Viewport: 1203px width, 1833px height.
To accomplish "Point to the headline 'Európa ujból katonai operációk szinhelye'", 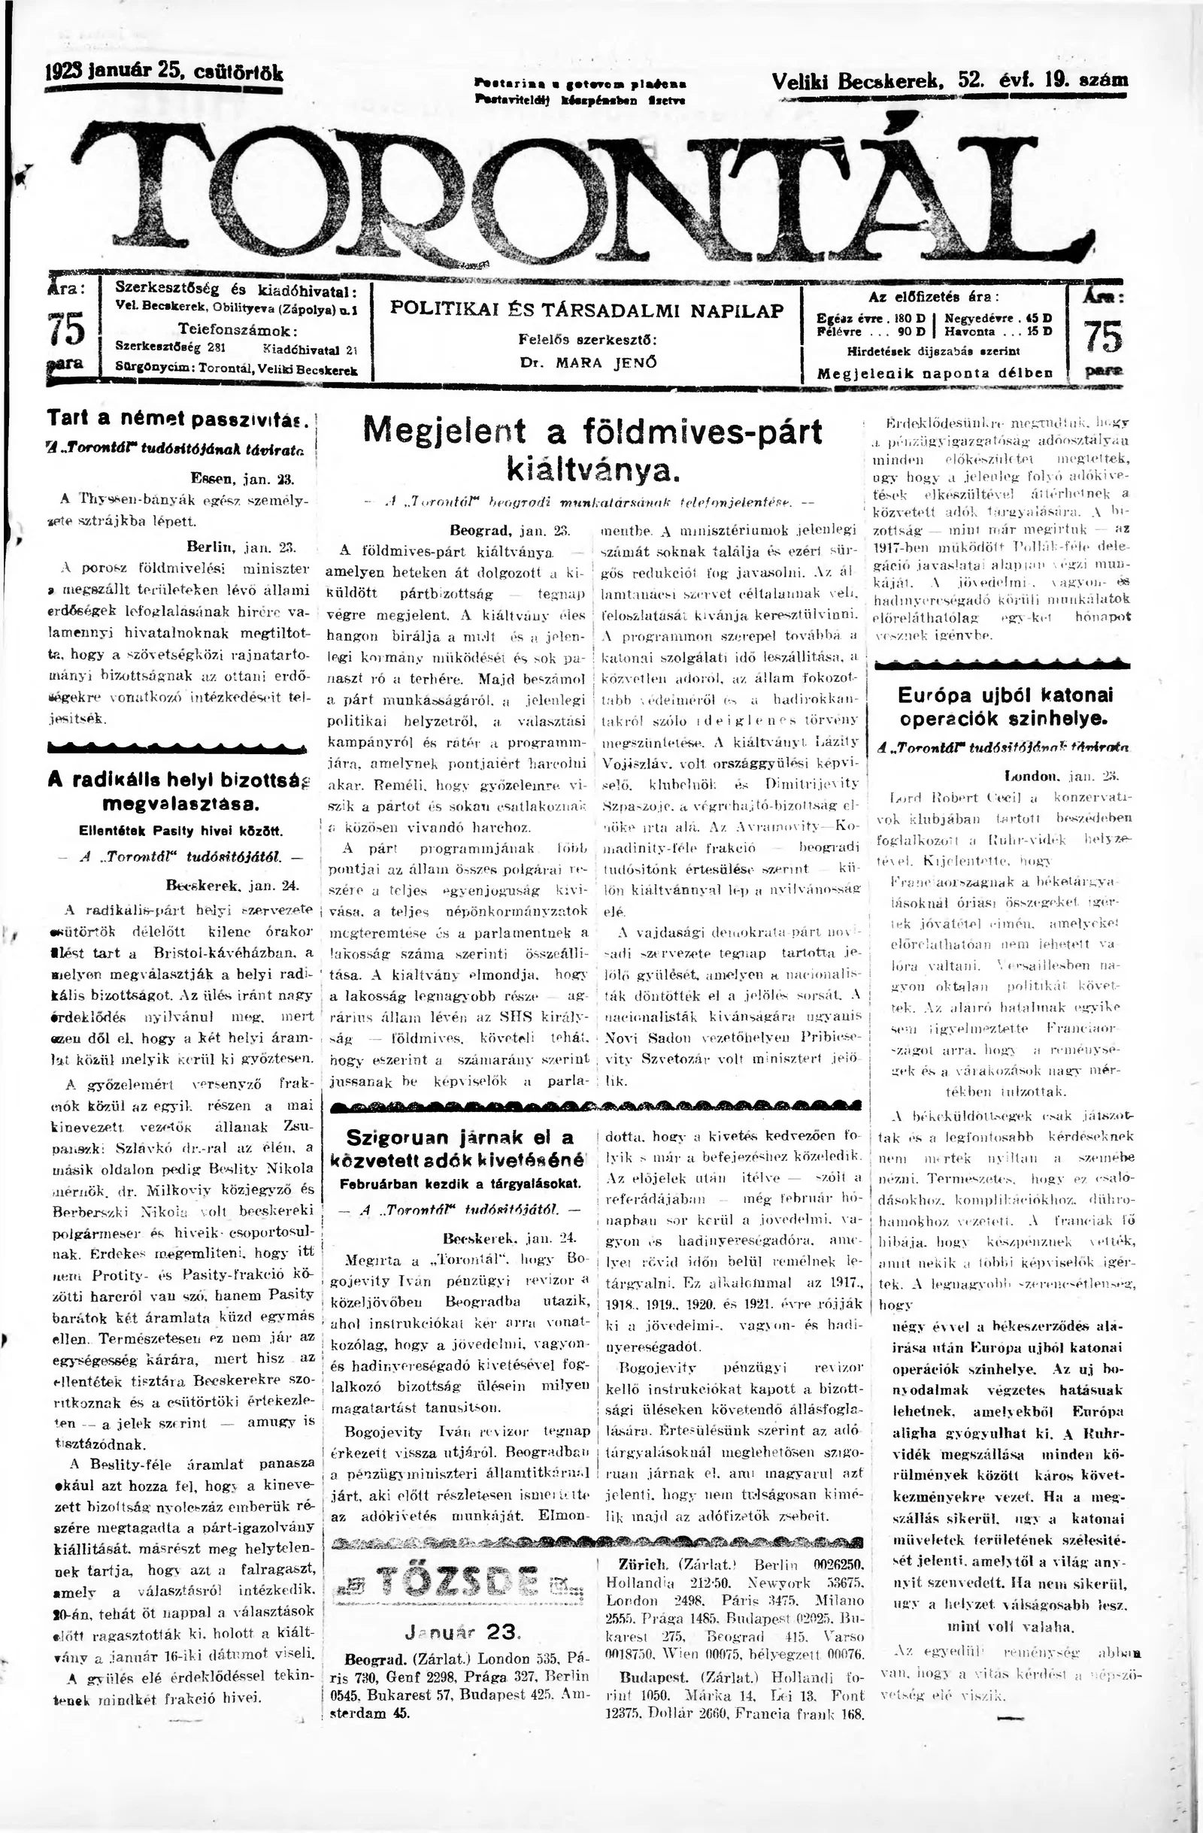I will point(1006,707).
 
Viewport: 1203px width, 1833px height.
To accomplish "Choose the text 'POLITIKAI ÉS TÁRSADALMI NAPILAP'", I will point(587,311).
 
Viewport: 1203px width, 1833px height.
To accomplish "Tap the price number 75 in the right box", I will point(1103,337).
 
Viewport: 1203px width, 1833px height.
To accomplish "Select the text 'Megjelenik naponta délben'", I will point(935,374).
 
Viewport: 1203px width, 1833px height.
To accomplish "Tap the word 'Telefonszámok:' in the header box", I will point(232,330).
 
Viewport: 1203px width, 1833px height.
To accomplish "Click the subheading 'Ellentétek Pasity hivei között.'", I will point(181,831).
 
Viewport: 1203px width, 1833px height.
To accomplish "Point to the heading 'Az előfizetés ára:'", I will point(933,295).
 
